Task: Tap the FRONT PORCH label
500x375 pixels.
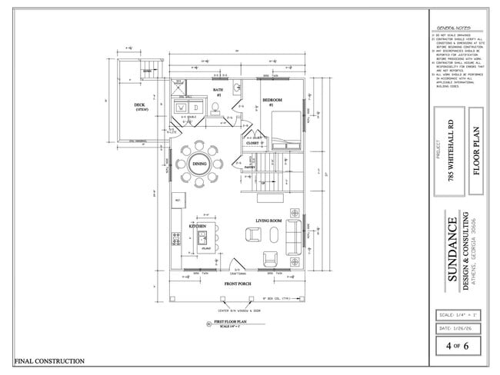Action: pos(238,284)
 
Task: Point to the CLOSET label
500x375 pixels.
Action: pos(252,143)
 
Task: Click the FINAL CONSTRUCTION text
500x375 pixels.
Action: pos(49,360)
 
